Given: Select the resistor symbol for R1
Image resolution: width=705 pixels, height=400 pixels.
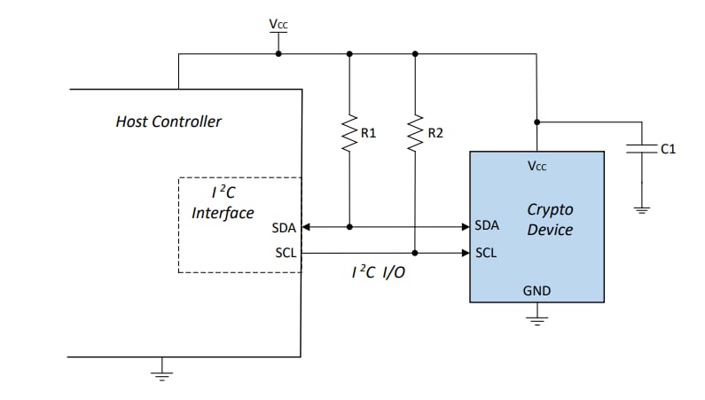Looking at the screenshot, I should click(349, 133).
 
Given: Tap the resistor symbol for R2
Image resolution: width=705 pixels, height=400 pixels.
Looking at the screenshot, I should click(415, 133).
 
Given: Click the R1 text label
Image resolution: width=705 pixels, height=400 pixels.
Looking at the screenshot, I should click(369, 133).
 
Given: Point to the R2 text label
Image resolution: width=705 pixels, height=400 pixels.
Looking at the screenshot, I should click(435, 133).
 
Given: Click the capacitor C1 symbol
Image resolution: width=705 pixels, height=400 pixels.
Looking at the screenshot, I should click(640, 148).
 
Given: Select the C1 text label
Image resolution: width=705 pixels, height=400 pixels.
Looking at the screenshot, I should click(668, 149).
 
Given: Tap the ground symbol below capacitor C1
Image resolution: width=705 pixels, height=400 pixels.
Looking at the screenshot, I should click(640, 210).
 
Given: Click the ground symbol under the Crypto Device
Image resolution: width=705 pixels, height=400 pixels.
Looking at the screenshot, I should click(537, 317).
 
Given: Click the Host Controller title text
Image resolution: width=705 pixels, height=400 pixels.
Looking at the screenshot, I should click(168, 121).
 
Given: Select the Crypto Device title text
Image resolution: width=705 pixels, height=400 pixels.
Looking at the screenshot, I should click(550, 220).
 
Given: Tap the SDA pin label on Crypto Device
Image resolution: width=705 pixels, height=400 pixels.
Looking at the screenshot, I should click(488, 225).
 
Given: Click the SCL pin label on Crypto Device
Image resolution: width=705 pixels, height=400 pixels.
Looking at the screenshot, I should click(486, 253).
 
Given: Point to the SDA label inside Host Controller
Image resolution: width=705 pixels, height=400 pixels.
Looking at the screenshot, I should click(284, 227).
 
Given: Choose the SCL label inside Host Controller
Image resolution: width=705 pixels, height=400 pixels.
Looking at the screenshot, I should click(285, 253).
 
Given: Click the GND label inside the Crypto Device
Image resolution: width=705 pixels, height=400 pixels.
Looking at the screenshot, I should click(537, 290).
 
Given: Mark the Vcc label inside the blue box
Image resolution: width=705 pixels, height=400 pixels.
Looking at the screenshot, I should click(537, 166).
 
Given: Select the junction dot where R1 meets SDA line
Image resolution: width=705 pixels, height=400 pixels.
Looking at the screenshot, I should click(349, 227).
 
